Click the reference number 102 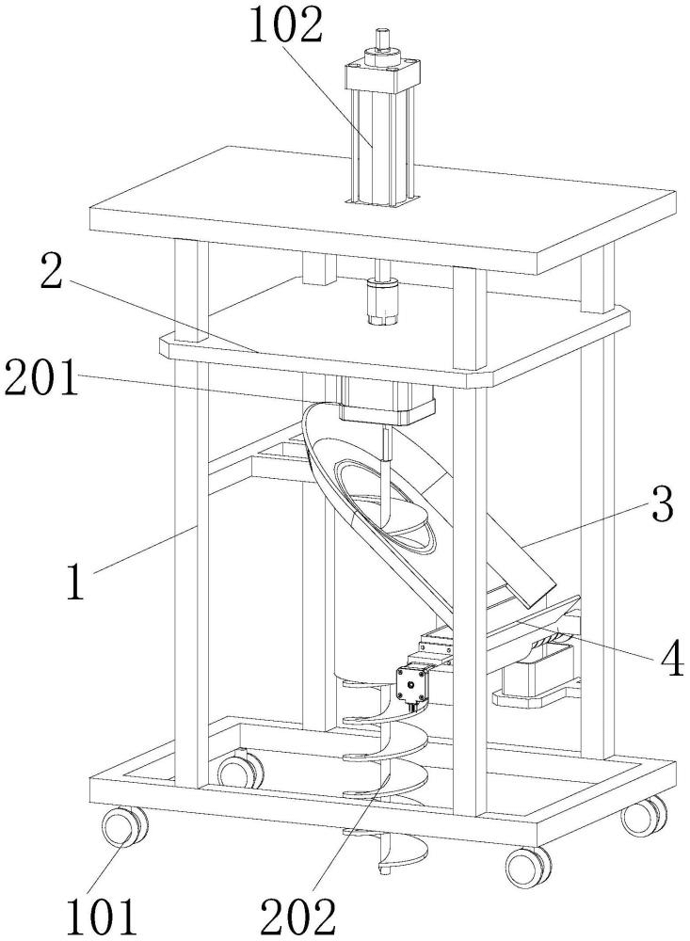pyautogui.click(x=286, y=24)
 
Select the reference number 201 pyautogui.click(x=40, y=377)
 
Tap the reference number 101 pyautogui.click(x=101, y=916)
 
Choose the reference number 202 pyautogui.click(x=297, y=916)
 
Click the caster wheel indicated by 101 pyautogui.click(x=124, y=827)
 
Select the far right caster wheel pyautogui.click(x=643, y=816)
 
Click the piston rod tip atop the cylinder pyautogui.click(x=380, y=39)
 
